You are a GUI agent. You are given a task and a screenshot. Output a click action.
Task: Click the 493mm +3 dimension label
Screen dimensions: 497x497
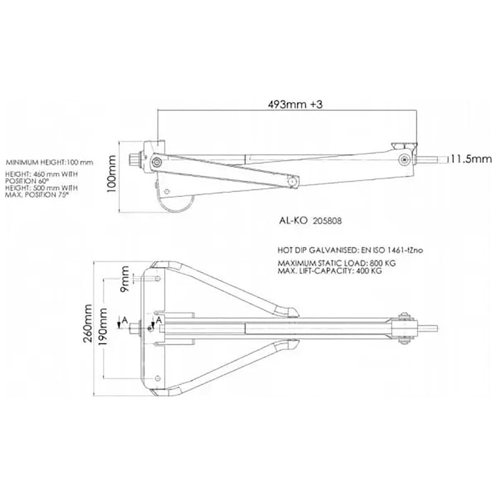tap(295, 104)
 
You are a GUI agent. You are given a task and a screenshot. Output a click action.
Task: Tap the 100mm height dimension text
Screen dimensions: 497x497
tap(111, 174)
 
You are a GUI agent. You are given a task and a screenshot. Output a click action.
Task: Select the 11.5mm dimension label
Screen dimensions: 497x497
tap(472, 159)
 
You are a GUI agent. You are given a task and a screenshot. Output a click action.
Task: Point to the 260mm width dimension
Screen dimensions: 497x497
tap(88, 323)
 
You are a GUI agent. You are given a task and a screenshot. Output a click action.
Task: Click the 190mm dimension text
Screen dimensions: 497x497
tap(103, 327)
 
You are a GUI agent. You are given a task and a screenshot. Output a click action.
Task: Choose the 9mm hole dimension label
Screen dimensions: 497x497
tap(125, 279)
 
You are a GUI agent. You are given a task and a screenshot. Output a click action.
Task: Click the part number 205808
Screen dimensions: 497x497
tap(327, 221)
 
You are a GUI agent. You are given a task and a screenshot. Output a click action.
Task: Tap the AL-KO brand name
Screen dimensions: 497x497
tap(293, 221)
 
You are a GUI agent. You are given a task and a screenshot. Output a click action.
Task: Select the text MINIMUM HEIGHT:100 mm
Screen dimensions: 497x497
tap(50, 163)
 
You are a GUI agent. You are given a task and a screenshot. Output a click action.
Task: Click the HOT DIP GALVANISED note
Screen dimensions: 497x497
tap(350, 250)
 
